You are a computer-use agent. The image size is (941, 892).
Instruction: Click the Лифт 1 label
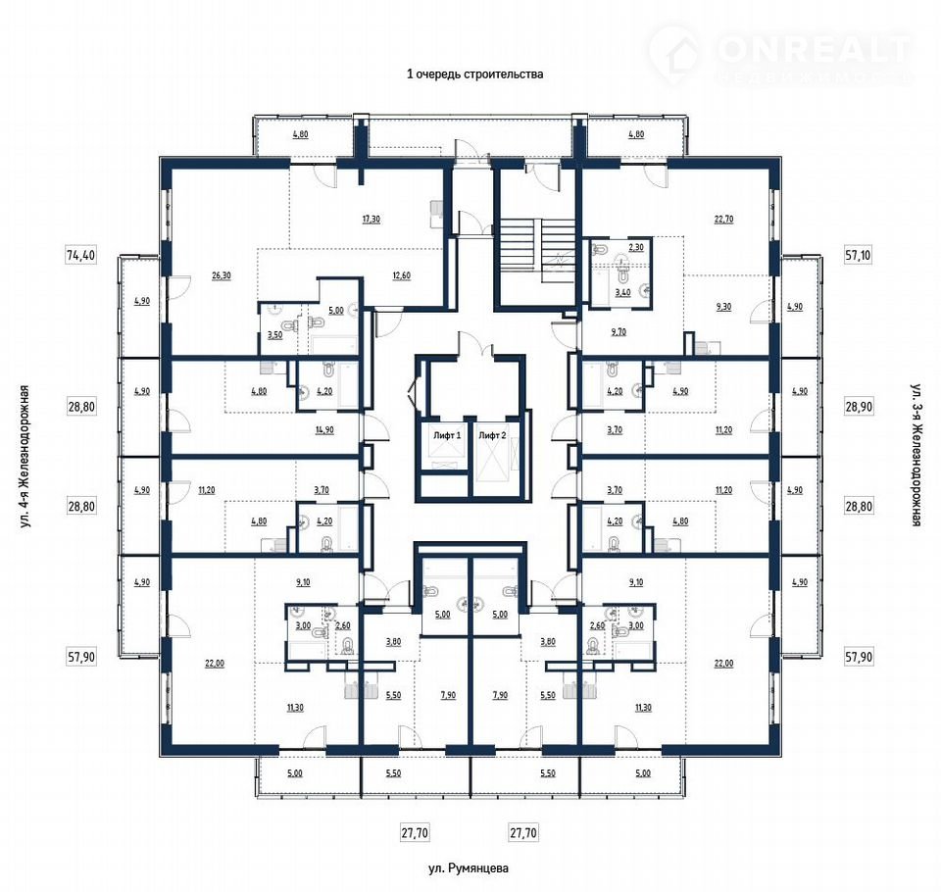tap(447, 435)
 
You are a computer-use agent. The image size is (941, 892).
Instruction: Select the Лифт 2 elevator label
tap(492, 435)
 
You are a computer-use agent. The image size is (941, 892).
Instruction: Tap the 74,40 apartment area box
tap(81, 255)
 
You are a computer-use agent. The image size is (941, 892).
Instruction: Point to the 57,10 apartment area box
tap(858, 255)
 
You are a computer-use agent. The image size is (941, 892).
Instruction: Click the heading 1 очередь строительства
tap(474, 74)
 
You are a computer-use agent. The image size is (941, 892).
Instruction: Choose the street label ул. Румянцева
tap(469, 868)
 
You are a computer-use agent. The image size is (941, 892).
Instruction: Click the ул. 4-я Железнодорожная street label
tap(25, 456)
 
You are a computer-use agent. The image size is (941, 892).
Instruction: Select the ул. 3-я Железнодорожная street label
tap(916, 455)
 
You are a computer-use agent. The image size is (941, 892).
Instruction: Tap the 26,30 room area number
tap(222, 275)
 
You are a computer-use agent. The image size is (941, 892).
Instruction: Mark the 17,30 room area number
tap(371, 220)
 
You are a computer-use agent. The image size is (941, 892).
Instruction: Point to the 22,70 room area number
tap(723, 220)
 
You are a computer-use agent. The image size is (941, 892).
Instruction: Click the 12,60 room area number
tap(402, 275)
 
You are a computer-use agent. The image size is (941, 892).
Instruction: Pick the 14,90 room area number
tap(324, 429)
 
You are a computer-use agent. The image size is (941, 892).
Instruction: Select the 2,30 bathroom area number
tap(635, 247)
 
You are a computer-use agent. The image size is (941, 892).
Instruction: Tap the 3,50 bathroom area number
tap(274, 335)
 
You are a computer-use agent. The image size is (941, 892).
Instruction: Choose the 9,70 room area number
tap(619, 331)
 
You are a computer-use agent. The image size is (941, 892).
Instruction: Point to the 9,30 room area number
tap(723, 306)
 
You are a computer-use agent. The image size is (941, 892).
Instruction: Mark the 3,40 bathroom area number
tap(622, 292)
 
